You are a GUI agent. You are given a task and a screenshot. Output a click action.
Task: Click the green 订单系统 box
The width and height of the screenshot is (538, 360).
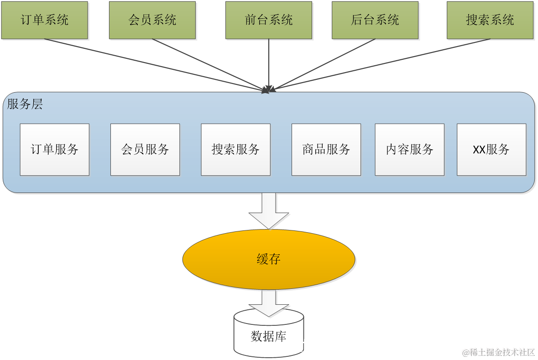click(x=45, y=20)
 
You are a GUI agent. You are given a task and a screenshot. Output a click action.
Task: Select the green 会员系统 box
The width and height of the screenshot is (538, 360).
click(x=152, y=20)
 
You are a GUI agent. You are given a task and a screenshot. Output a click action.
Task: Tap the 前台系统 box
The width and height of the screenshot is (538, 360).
click(x=269, y=20)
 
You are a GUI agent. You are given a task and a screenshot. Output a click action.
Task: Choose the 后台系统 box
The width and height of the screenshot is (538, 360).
click(x=375, y=20)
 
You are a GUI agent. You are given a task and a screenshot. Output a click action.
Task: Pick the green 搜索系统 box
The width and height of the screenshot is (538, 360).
click(x=490, y=20)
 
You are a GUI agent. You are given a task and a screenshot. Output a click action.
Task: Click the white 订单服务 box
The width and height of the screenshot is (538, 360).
click(x=54, y=149)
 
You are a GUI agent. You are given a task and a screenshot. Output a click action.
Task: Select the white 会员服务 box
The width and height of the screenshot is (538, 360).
click(x=145, y=149)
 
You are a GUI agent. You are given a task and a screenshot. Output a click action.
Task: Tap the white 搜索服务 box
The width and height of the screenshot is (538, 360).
click(x=235, y=149)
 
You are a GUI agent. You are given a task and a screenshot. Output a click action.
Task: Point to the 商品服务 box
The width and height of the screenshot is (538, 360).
click(x=326, y=149)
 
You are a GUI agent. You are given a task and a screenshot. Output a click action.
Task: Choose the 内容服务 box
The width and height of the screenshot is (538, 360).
click(x=409, y=149)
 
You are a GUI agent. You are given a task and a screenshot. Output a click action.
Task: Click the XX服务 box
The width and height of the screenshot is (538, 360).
click(x=491, y=149)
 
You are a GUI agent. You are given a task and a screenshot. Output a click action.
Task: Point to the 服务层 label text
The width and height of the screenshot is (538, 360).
click(x=25, y=104)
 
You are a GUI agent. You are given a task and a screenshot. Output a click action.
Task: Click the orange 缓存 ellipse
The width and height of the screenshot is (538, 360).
click(x=269, y=260)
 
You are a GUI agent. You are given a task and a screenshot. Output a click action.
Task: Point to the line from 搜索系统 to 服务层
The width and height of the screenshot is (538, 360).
click(x=383, y=64)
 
